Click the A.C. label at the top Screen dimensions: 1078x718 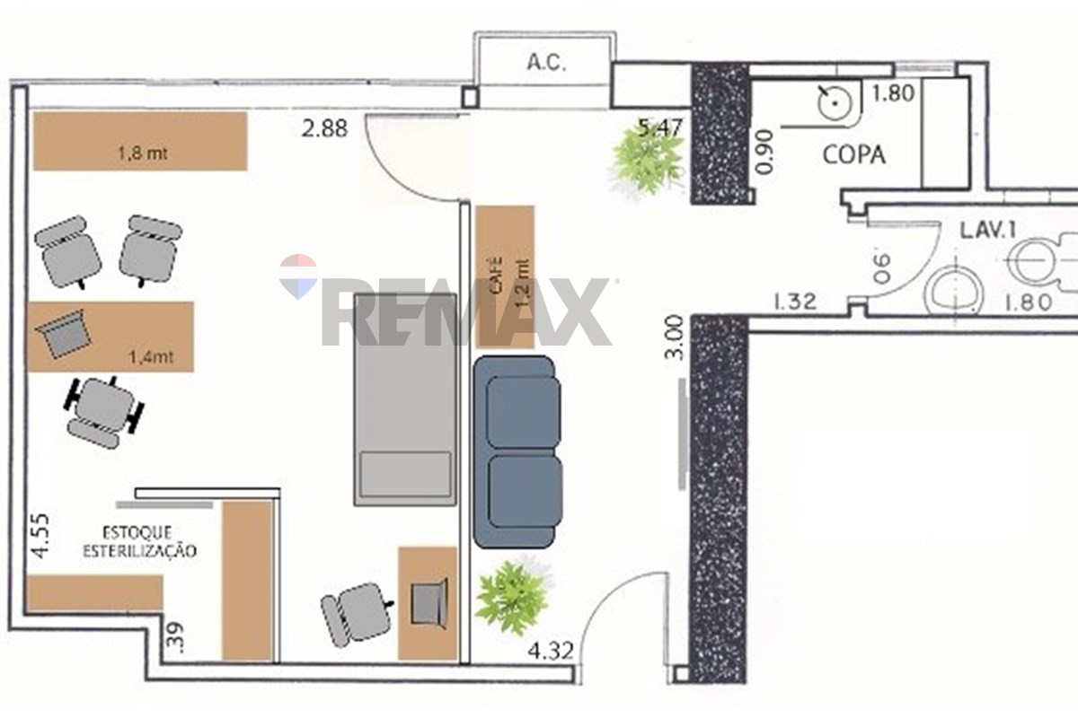[x=546, y=63]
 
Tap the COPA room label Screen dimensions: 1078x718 [x=853, y=155]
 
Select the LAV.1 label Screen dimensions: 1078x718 [x=988, y=231]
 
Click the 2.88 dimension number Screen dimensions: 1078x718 [x=324, y=129]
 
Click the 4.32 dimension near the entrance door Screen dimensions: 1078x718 [x=551, y=652]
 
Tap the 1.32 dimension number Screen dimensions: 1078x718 [x=794, y=302]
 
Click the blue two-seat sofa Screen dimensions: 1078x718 [x=517, y=452]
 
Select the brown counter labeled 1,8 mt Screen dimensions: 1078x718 [x=140, y=141]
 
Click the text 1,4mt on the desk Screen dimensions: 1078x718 [x=151, y=357]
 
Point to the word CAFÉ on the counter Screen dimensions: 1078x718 [x=496, y=276]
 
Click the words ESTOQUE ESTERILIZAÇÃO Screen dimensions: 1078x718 [x=139, y=541]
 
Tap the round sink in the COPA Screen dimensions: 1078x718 [x=836, y=103]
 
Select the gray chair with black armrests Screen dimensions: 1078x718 [x=103, y=412]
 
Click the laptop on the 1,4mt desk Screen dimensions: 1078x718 [x=63, y=333]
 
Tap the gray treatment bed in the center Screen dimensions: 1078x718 [x=405, y=399]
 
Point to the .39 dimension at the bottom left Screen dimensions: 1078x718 [x=173, y=636]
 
